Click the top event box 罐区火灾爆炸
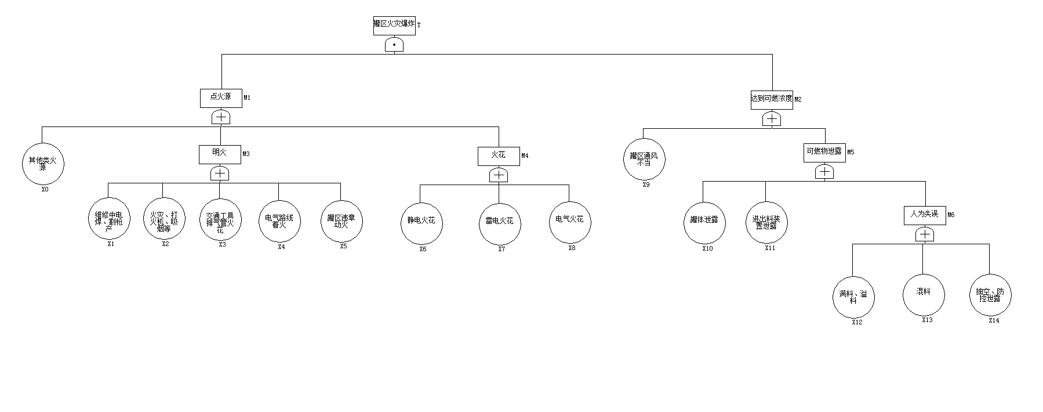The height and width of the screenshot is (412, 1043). [394, 26]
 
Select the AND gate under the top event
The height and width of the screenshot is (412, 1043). [394, 45]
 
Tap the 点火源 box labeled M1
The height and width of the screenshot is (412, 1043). [221, 98]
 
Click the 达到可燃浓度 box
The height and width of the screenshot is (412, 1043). [771, 99]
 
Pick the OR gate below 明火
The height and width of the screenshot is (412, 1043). [220, 174]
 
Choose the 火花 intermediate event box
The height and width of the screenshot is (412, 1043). [499, 156]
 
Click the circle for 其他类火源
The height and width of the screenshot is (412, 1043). [43, 164]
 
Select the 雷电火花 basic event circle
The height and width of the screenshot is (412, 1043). [500, 222]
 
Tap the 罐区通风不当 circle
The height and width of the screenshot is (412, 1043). [644, 159]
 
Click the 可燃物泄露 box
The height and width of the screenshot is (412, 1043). [824, 152]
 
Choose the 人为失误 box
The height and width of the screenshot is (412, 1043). [924, 215]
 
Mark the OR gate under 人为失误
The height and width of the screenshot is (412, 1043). [925, 234]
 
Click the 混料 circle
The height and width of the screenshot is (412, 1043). [923, 295]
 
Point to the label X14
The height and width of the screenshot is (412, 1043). [994, 320]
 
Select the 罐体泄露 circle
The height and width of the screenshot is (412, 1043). [704, 223]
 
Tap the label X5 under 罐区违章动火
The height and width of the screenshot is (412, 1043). [343, 246]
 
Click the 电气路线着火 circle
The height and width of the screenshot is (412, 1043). [279, 222]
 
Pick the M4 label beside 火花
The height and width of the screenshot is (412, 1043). [525, 156]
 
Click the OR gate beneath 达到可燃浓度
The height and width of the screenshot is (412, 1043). [772, 119]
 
